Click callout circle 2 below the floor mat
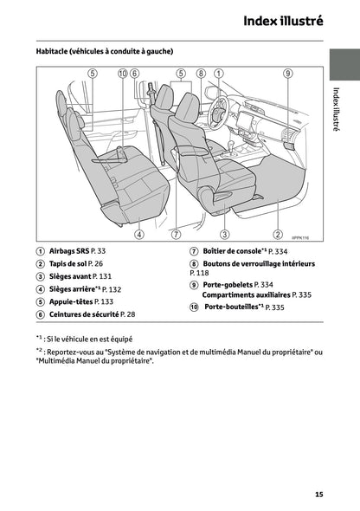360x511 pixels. click(x=278, y=235)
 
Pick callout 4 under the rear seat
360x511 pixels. click(x=139, y=235)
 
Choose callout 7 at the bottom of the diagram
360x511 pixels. click(x=177, y=235)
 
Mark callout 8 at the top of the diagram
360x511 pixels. click(x=201, y=74)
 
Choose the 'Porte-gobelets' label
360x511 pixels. click(x=229, y=284)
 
